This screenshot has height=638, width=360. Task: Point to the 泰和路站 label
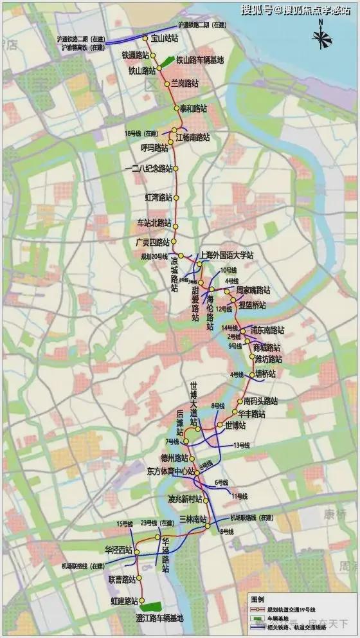(193, 108)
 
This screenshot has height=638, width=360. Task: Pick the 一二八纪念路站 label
(148, 169)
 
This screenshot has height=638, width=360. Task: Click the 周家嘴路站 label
(253, 291)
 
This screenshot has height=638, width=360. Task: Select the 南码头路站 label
(260, 401)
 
